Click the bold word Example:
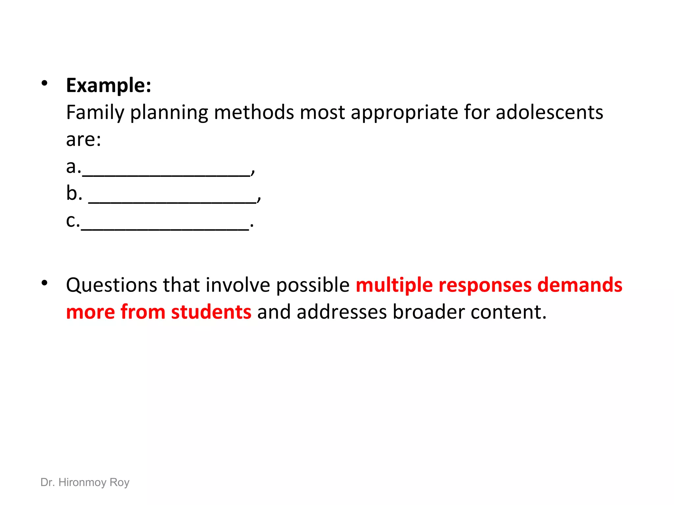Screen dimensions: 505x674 click(109, 85)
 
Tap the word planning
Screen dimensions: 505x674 click(169, 112)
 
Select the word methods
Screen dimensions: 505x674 click(254, 112)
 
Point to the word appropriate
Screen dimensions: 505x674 click(404, 112)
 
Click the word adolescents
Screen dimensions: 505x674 click(549, 112)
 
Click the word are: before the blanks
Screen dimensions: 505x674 click(84, 139)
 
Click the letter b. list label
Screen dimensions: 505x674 click(74, 193)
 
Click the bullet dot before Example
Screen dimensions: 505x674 click(44, 84)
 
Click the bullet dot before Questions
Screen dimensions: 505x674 click(44, 283)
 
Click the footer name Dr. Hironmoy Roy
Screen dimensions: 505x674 click(85, 482)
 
